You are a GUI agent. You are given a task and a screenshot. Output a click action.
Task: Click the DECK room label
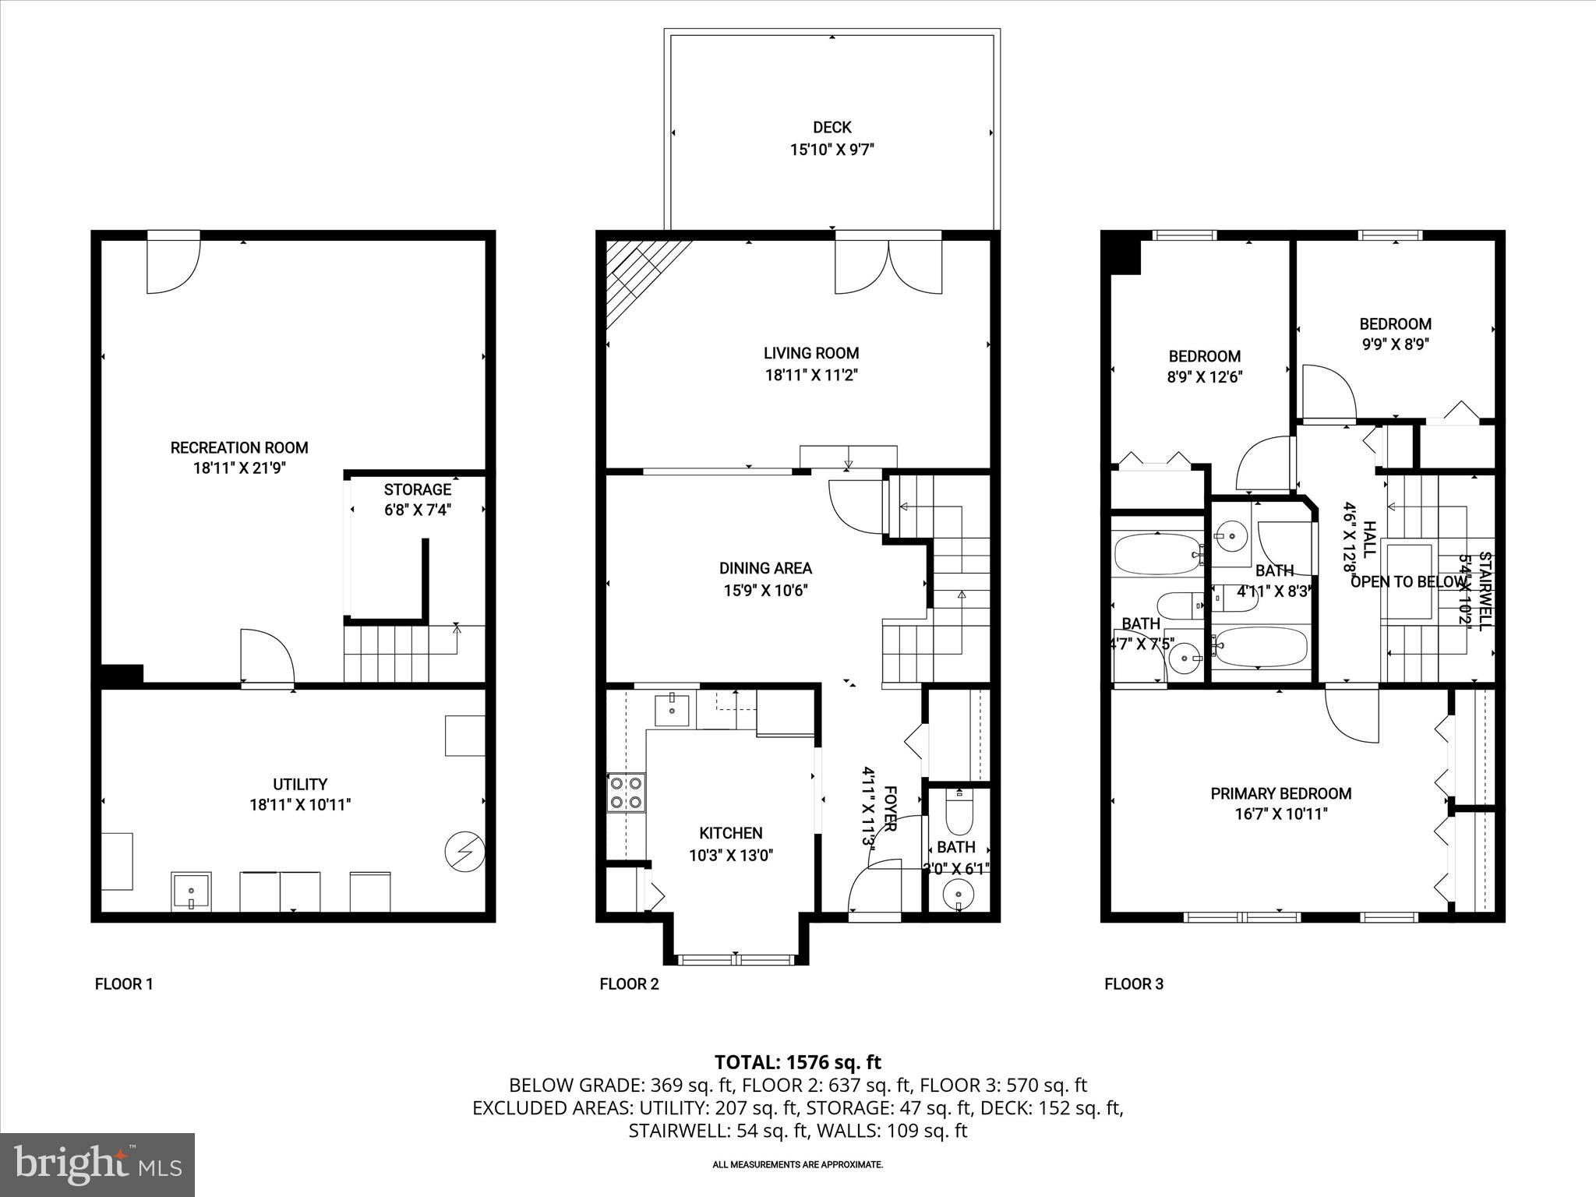(x=832, y=127)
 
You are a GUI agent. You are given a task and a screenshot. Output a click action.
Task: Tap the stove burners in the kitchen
(x=627, y=792)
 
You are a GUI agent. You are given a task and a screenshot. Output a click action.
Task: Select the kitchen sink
(x=671, y=709)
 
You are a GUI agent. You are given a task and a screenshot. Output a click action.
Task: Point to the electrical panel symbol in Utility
(x=464, y=853)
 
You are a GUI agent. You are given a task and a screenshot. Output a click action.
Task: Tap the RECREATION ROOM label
(x=239, y=447)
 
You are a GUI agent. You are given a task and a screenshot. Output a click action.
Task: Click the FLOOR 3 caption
(x=1133, y=984)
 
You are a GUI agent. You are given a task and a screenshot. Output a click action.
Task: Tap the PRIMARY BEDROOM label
(x=1280, y=793)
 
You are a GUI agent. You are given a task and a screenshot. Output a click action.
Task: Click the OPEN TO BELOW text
(x=1407, y=582)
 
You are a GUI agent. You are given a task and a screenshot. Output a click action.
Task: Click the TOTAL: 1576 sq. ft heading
(x=797, y=1062)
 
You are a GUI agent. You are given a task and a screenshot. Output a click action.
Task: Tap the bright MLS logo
(x=97, y=1165)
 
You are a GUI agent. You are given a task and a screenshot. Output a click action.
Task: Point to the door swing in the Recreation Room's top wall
(x=174, y=265)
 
